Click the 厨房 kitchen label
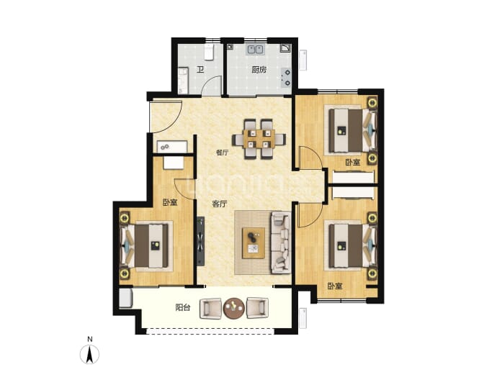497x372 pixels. tap(259, 69)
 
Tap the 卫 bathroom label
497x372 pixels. tap(200, 69)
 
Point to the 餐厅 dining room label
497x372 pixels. tap(222, 153)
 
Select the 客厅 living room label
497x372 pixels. tap(220, 204)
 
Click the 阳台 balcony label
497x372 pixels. tap(183, 307)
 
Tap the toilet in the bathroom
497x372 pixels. tap(209, 52)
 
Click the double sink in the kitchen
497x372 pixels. tap(256, 50)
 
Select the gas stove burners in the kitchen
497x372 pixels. tap(287, 78)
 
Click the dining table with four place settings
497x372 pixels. tap(259, 139)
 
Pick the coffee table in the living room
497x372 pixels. tap(254, 242)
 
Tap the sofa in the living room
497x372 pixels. tap(281, 242)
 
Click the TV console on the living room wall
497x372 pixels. tap(201, 241)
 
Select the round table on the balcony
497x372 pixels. tap(234, 307)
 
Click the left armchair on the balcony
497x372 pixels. tap(210, 308)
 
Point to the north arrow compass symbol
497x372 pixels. tap(90, 353)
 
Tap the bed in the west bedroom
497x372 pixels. tap(146, 246)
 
